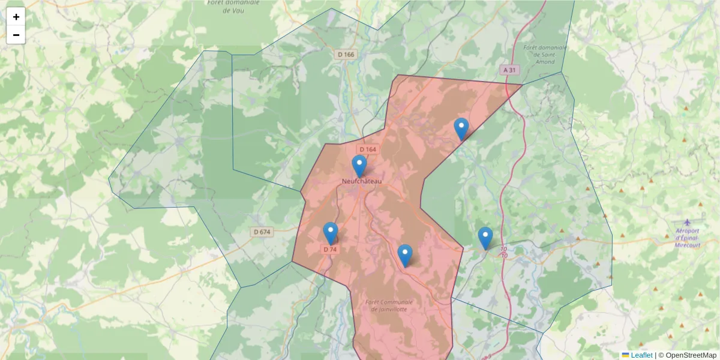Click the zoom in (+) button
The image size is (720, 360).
click(16, 17)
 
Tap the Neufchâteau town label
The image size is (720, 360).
click(361, 181)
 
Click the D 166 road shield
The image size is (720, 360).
click(346, 55)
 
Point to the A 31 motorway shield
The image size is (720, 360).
click(509, 70)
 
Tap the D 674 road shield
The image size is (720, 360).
click(262, 232)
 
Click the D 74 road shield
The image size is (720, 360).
click(330, 249)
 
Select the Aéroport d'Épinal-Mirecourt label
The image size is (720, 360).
click(687, 238)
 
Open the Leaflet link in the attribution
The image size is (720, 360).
click(641, 355)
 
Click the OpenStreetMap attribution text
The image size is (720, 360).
click(691, 355)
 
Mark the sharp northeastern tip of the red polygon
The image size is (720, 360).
click(522, 85)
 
